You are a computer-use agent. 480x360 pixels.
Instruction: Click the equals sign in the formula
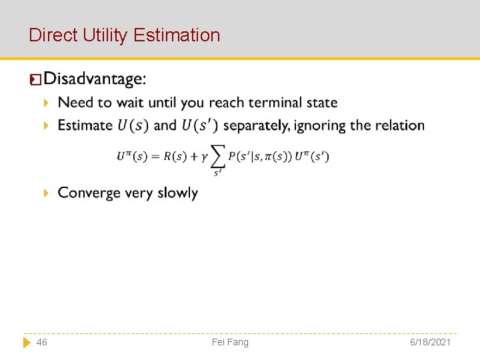click(x=157, y=157)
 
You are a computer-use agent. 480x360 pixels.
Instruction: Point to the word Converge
click(x=85, y=193)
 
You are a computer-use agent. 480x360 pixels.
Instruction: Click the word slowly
click(x=178, y=193)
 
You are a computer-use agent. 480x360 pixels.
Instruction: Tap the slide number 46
click(x=41, y=342)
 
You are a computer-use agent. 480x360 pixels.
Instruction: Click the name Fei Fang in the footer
click(x=230, y=342)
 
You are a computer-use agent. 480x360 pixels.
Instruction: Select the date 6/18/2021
click(x=431, y=342)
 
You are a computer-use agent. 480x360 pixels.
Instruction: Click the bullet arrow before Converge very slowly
click(x=46, y=193)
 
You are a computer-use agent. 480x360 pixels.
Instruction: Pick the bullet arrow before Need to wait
click(x=46, y=103)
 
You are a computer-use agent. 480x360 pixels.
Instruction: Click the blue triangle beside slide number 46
click(x=27, y=342)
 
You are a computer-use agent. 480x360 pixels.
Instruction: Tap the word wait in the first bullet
click(x=129, y=103)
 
